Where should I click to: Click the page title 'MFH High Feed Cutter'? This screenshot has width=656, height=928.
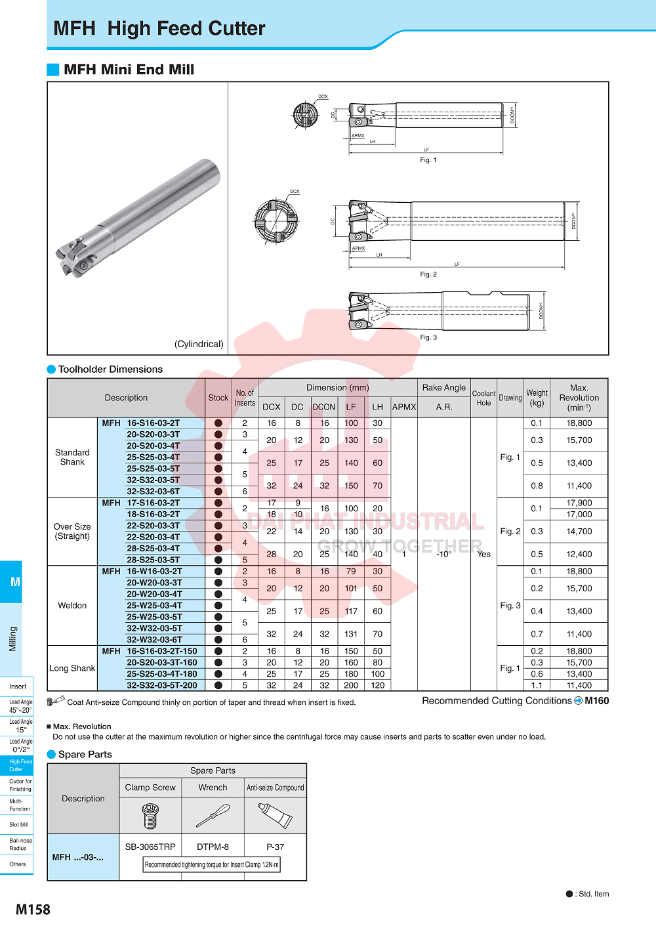(x=159, y=28)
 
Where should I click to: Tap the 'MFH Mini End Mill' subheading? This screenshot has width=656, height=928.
(x=129, y=70)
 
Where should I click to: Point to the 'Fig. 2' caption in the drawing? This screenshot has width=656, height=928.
(x=428, y=274)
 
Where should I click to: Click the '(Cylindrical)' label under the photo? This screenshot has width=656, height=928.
(x=199, y=344)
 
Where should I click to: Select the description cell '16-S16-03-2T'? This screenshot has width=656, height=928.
(x=153, y=423)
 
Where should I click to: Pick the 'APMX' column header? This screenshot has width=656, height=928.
(x=404, y=407)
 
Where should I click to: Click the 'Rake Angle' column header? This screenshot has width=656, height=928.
(x=444, y=388)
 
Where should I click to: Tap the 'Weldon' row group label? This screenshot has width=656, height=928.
(x=72, y=605)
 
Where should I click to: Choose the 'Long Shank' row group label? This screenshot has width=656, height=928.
(x=72, y=668)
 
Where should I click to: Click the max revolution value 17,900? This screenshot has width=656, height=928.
(x=579, y=503)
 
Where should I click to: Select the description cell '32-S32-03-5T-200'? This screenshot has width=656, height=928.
(x=161, y=685)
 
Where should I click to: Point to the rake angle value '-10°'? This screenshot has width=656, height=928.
(x=444, y=554)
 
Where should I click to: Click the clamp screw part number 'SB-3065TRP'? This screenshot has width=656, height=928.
(x=150, y=847)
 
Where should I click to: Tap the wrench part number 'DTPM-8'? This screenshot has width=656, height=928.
(x=213, y=847)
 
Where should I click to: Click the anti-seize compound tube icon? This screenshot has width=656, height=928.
(x=275, y=816)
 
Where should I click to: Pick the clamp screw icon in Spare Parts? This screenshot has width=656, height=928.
(x=150, y=816)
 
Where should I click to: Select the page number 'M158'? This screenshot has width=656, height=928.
(x=33, y=910)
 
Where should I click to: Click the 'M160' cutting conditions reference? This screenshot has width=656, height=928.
(x=596, y=701)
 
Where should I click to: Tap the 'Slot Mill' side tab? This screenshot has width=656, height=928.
(x=18, y=824)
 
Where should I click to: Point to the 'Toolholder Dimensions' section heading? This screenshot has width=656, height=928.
(x=110, y=369)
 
